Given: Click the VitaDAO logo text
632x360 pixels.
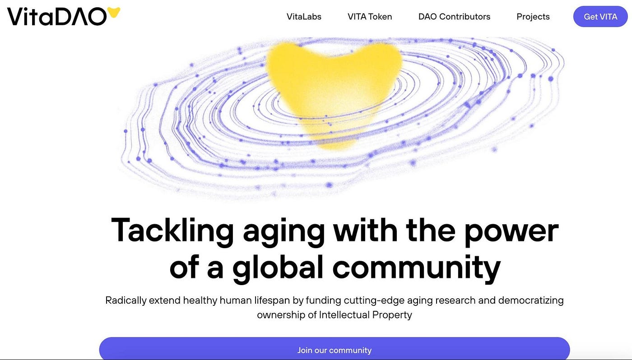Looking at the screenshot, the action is pos(57,16).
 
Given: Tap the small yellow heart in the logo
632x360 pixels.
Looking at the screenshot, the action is pos(113,12).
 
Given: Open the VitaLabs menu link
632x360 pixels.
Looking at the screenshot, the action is pos(304,17).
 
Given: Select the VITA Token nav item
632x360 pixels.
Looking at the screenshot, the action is pos(370,17).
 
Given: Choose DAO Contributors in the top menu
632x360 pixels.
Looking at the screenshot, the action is pos(454,17).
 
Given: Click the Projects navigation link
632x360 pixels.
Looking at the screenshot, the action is pos(533,17).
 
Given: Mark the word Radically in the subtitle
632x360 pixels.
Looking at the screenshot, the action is pos(126,300).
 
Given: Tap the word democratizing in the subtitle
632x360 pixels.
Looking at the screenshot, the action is pos(531,300).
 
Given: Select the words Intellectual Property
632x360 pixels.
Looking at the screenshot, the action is pos(365,314).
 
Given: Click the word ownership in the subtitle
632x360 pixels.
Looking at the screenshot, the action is pos(281,315).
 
